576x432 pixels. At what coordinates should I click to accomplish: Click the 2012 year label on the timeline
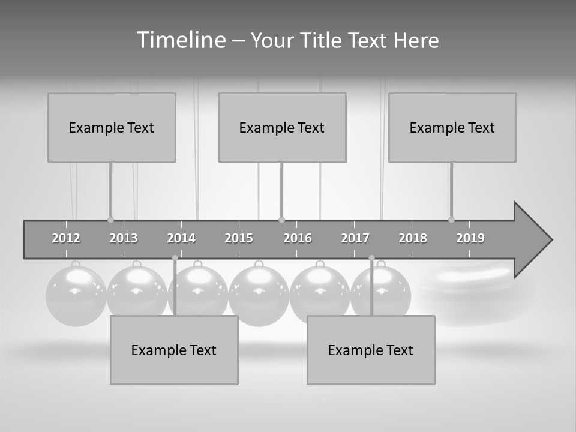(66, 238)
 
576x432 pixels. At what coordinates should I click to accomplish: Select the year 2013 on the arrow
(124, 238)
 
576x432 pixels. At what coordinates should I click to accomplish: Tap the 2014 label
(181, 238)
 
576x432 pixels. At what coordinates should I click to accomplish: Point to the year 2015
(239, 238)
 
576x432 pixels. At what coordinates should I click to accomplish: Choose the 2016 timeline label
(298, 238)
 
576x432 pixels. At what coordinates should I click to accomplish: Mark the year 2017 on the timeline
(355, 238)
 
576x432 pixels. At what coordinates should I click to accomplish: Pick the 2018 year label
(413, 238)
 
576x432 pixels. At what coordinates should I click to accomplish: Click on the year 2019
(470, 238)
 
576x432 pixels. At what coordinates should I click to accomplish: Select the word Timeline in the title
(181, 40)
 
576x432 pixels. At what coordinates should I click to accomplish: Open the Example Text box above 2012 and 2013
(112, 127)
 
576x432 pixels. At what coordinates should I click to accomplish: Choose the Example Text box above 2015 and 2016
(282, 127)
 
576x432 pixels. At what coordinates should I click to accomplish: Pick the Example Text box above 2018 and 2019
(452, 127)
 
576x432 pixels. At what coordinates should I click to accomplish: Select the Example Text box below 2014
(174, 350)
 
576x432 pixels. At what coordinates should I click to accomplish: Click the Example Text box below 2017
(371, 350)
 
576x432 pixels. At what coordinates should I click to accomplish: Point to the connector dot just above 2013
(110, 220)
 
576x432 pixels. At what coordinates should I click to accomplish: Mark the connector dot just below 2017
(371, 258)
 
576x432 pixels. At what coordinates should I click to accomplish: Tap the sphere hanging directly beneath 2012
(76, 296)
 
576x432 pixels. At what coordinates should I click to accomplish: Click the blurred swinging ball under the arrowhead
(468, 294)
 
